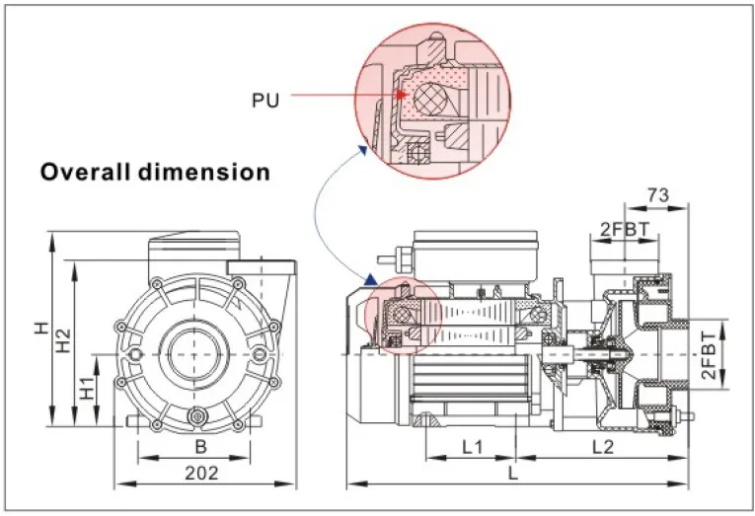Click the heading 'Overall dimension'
click(x=155, y=172)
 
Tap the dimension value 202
click(x=201, y=474)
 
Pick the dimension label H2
click(x=63, y=341)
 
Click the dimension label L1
click(x=472, y=446)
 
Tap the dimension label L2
click(x=604, y=446)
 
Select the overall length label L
click(x=513, y=474)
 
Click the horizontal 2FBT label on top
click(x=624, y=230)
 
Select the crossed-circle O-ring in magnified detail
click(x=430, y=104)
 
